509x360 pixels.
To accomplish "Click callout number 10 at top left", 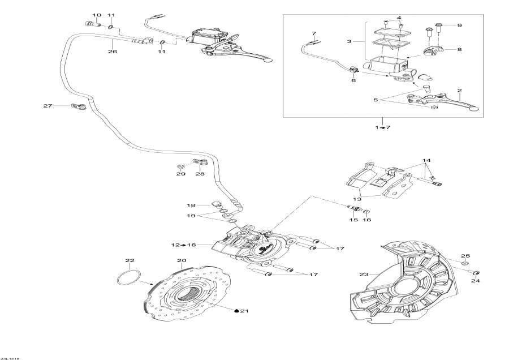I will click(x=96, y=15).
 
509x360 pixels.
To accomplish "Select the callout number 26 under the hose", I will click(x=112, y=52).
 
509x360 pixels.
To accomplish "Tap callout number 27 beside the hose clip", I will click(x=48, y=106).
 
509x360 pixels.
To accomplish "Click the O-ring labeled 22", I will click(x=130, y=279).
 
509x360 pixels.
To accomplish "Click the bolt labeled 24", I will click(x=476, y=273).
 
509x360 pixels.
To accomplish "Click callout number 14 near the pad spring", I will click(x=426, y=161).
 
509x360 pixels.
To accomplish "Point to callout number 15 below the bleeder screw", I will click(x=353, y=220).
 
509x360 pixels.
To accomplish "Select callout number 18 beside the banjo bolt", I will click(x=191, y=205).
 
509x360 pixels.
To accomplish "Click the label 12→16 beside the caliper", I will click(x=183, y=245).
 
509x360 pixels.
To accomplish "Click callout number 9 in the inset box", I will click(x=459, y=25).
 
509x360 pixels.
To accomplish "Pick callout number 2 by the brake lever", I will click(x=459, y=91).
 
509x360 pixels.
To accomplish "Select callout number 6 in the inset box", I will click(x=353, y=80).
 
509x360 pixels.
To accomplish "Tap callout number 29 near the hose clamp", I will click(x=180, y=174).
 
